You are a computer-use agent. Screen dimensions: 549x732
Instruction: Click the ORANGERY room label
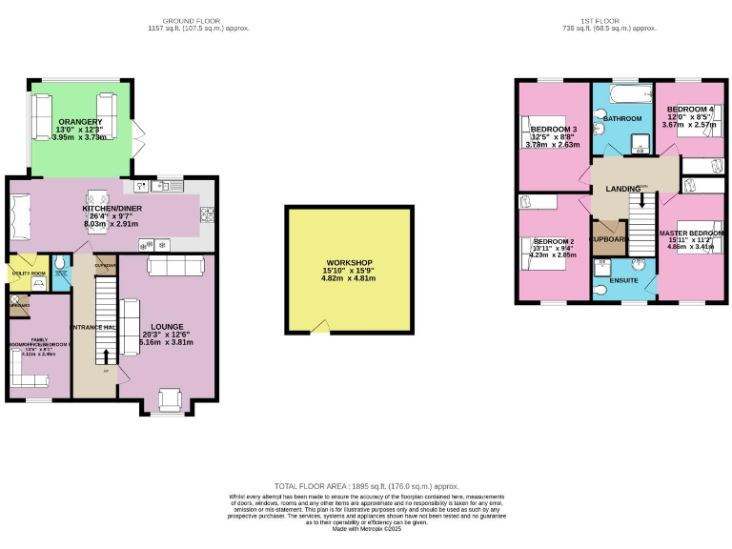click(x=80, y=122)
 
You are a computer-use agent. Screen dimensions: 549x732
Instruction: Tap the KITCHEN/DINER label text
click(x=112, y=208)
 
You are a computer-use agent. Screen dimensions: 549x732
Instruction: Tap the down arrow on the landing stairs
click(x=641, y=200)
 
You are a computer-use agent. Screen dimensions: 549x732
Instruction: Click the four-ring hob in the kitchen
click(x=208, y=215)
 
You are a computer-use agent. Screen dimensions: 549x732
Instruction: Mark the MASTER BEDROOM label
click(x=692, y=234)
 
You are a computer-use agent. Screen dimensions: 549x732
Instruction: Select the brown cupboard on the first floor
click(x=608, y=239)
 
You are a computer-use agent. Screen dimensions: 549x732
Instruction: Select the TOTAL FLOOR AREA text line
click(x=366, y=485)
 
